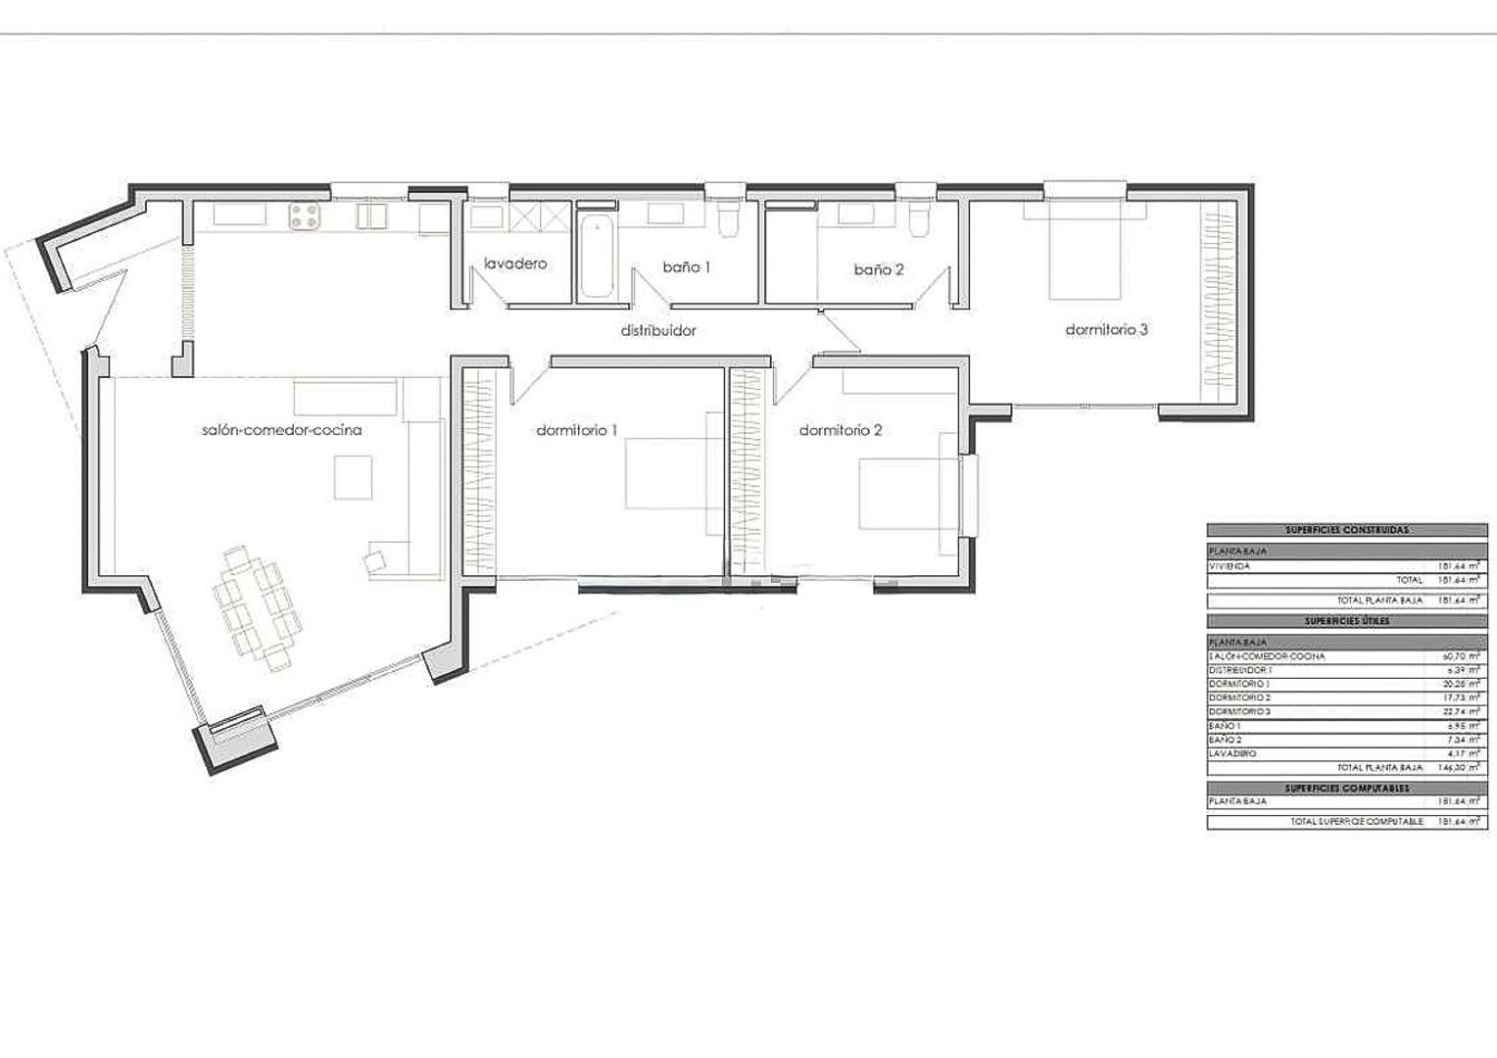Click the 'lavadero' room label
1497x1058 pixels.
click(515, 264)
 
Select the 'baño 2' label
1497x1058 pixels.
click(878, 268)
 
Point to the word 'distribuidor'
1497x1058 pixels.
click(658, 331)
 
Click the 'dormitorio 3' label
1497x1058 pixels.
click(1106, 330)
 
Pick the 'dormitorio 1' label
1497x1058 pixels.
click(577, 430)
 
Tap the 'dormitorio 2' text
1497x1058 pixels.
click(841, 430)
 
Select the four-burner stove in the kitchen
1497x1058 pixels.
click(306, 216)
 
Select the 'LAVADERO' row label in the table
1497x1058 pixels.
click(1232, 753)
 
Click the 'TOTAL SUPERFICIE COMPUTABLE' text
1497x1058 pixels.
click(1356, 821)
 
